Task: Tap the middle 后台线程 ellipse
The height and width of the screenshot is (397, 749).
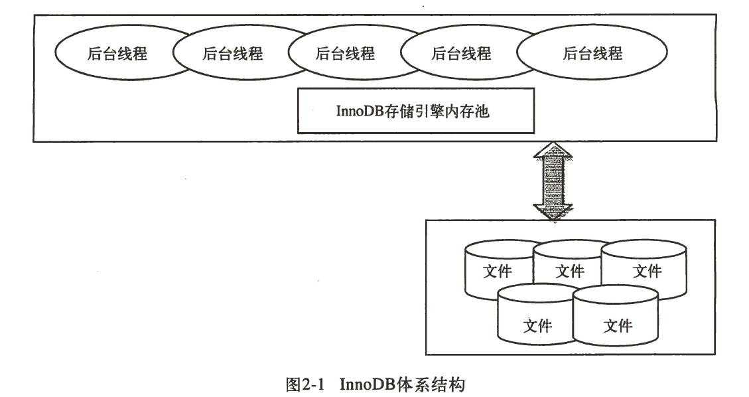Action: pyautogui.click(x=345, y=54)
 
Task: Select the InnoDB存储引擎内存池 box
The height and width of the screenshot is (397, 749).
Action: pyautogui.click(x=415, y=110)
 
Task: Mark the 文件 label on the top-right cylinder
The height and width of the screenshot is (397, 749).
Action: pyautogui.click(x=647, y=271)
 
